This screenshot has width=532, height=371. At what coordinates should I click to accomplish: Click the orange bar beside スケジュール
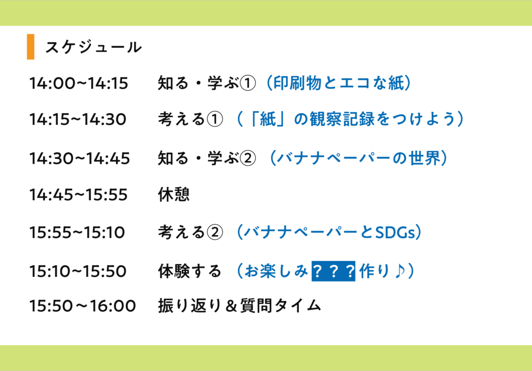31,47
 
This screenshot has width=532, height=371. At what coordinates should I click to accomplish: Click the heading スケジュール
93,47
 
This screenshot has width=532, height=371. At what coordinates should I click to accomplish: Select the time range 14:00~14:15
78,83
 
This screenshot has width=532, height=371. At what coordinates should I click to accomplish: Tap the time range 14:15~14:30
77,120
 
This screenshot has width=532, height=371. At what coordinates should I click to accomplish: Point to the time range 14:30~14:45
79,158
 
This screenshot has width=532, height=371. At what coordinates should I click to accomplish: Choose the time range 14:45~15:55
78,195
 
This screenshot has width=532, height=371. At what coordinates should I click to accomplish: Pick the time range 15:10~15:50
78,271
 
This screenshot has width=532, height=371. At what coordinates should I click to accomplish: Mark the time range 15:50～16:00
83,306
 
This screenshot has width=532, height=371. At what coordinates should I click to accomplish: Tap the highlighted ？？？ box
333,271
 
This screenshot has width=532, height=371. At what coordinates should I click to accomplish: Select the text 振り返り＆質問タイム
240,306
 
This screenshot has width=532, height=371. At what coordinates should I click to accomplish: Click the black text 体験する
190,271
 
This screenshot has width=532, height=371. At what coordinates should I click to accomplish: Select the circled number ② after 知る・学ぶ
248,158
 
